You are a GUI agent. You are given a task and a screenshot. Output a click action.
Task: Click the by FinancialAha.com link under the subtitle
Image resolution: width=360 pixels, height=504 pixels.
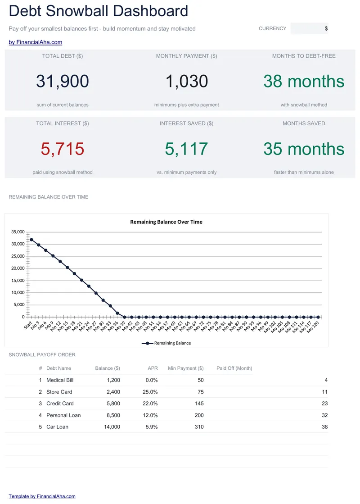[36, 42]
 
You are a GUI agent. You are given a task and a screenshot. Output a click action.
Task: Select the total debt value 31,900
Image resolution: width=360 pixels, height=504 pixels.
[62, 81]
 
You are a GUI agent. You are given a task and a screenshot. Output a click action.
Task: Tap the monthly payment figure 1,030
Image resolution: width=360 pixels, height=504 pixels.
[187, 81]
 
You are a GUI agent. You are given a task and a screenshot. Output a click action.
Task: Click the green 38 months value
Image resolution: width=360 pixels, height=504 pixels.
[304, 81]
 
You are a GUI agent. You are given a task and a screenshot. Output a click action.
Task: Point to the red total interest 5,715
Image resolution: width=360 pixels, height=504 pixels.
[62, 149]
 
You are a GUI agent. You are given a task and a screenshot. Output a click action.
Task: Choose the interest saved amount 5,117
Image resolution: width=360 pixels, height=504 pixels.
[187, 149]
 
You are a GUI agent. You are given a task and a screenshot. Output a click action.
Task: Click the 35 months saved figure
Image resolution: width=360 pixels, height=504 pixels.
[304, 149]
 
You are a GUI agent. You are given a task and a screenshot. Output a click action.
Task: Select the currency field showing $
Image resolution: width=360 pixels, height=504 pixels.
[309, 28]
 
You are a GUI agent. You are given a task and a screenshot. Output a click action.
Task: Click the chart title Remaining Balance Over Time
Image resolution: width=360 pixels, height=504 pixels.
[166, 222]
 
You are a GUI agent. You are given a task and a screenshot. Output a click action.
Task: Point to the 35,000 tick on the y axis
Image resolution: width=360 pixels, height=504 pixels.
[18, 232]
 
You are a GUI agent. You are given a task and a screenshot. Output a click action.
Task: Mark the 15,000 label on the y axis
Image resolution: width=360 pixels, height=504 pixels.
[18, 280]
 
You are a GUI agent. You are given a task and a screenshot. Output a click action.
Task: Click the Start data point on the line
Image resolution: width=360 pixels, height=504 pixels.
[31, 240]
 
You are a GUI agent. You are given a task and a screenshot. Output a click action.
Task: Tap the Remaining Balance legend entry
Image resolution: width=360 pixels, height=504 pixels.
[166, 343]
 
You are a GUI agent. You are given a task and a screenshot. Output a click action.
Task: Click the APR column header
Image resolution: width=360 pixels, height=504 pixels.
[153, 368]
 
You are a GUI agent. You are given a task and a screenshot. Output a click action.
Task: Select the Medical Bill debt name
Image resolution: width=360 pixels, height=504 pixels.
[60, 380]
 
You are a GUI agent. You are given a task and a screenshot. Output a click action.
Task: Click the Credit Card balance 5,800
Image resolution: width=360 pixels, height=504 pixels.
[113, 404]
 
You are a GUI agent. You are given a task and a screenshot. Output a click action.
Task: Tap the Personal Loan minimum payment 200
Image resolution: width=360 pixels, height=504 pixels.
[199, 415]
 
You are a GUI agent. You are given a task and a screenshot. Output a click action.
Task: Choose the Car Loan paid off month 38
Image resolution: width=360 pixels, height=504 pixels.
[324, 427]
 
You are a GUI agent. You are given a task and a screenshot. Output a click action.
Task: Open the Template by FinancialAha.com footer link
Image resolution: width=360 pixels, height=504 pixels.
[42, 496]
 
